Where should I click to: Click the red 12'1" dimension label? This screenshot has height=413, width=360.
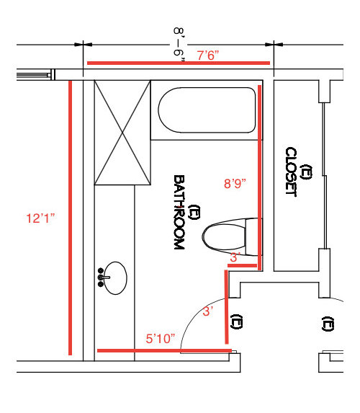(x=40, y=218)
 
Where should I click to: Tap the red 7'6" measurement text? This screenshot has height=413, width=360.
(x=208, y=55)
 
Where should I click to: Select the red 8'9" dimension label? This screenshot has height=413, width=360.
(x=235, y=183)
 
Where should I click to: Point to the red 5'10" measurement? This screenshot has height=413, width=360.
(x=161, y=339)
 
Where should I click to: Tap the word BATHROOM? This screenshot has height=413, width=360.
(x=179, y=212)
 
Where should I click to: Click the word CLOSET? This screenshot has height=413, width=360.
(x=291, y=172)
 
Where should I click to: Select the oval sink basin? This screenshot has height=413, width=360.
(x=116, y=278)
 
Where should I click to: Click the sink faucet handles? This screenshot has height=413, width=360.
(x=101, y=277)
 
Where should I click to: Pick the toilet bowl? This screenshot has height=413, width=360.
(x=224, y=236)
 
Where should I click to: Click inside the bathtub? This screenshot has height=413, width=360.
(x=207, y=110)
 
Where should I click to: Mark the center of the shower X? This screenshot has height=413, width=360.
(x=122, y=133)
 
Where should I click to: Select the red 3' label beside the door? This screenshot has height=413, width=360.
(x=208, y=311)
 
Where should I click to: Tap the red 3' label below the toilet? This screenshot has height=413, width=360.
(x=235, y=257)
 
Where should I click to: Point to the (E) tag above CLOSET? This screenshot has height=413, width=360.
(x=307, y=172)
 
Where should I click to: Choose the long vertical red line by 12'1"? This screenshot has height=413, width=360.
(x=70, y=218)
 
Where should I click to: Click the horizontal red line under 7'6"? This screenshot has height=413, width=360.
(x=179, y=63)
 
